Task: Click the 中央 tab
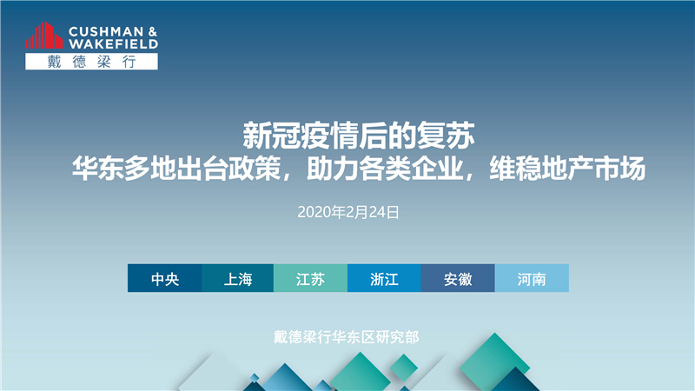pos(164,278)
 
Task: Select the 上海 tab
pos(237,278)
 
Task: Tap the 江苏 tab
pos(310,278)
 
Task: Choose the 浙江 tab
pos(384,278)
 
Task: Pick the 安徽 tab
pos(458,278)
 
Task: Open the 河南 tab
pos(532,278)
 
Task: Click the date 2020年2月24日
pos(348,212)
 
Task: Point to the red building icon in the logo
pos(44,36)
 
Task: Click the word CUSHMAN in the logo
pos(106,31)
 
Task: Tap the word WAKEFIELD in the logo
pos(113,44)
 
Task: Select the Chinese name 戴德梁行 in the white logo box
pos(91,62)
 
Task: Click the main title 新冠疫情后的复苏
pos(359,136)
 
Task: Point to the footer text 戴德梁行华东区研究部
pos(346,337)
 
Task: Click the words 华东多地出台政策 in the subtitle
pos(176,169)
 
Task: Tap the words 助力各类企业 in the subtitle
pos(385,169)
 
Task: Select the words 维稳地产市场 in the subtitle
pos(567,169)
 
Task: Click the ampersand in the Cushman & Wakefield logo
pos(153,31)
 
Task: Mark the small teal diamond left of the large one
pos(403,368)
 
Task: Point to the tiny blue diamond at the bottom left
pos(254,378)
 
